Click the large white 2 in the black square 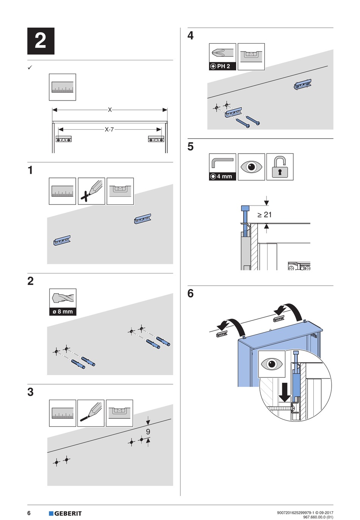pyautogui.click(x=41, y=41)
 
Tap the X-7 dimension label pyautogui.click(x=109, y=129)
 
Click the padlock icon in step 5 pyautogui.click(x=280, y=167)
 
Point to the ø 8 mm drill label pyautogui.click(x=63, y=312)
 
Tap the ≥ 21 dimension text pyautogui.click(x=265, y=215)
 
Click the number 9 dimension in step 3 pyautogui.click(x=148, y=432)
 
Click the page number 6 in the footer pyautogui.click(x=29, y=513)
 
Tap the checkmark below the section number pyautogui.click(x=30, y=68)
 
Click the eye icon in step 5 pyautogui.click(x=251, y=167)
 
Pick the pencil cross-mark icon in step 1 pyautogui.click(x=91, y=191)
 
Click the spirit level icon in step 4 pyautogui.click(x=251, y=56)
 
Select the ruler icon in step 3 pyautogui.click(x=63, y=413)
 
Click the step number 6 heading pyautogui.click(x=191, y=293)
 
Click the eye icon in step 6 pyautogui.click(x=272, y=364)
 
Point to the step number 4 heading pyautogui.click(x=191, y=35)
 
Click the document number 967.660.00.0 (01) pyautogui.click(x=318, y=517)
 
